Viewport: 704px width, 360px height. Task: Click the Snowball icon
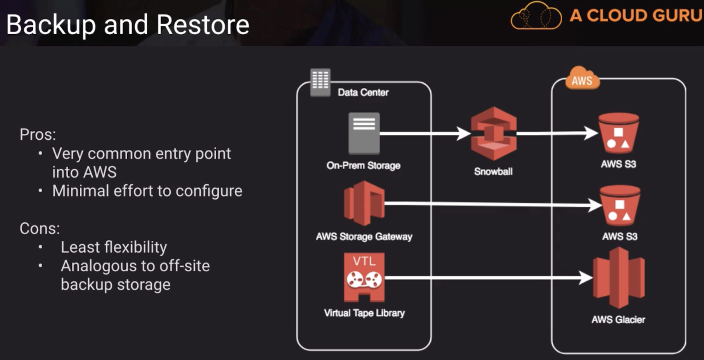[494, 134]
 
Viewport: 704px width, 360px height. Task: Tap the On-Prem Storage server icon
[364, 133]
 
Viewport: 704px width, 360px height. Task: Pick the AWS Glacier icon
[619, 278]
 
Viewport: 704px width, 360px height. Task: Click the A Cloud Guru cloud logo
[536, 16]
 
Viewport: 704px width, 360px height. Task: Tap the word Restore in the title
[203, 25]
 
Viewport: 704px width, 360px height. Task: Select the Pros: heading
[38, 135]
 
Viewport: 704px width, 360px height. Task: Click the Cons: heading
[40, 229]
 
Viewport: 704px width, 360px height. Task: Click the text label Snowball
[493, 172]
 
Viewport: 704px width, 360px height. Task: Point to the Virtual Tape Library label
[364, 313]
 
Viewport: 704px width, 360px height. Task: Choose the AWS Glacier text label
[618, 320]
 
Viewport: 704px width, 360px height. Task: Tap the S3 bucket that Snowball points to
[619, 133]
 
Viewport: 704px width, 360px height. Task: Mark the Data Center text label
[363, 93]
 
